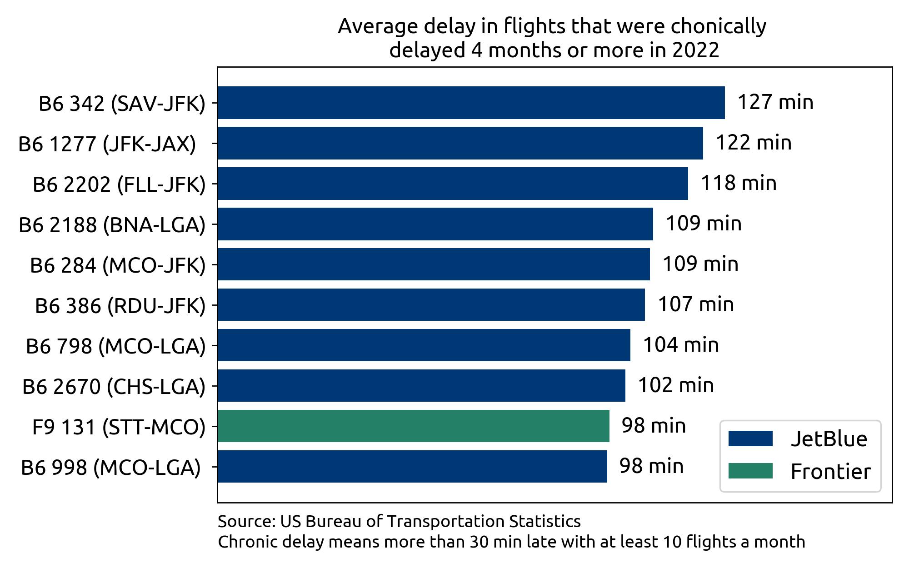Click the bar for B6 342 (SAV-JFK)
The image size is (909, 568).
(x=471, y=103)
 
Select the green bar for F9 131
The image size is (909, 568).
(x=413, y=426)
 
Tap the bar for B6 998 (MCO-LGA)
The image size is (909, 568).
(x=412, y=466)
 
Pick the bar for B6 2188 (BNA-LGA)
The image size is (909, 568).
(x=435, y=224)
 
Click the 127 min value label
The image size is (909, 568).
(x=775, y=102)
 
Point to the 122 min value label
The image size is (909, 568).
(x=754, y=143)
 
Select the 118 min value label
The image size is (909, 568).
(x=739, y=183)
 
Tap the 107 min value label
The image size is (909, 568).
(x=696, y=304)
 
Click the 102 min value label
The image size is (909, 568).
(x=676, y=385)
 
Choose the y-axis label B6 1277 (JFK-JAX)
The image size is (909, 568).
(x=107, y=144)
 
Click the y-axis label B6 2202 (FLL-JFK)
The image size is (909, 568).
(x=119, y=184)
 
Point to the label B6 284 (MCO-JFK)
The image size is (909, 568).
(x=118, y=265)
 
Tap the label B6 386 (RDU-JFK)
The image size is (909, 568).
(x=120, y=306)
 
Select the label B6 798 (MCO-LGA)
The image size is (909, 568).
(x=115, y=346)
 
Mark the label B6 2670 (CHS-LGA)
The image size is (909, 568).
(x=114, y=387)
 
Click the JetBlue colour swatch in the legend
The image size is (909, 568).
(x=750, y=439)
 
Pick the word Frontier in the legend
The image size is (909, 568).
(x=830, y=471)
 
